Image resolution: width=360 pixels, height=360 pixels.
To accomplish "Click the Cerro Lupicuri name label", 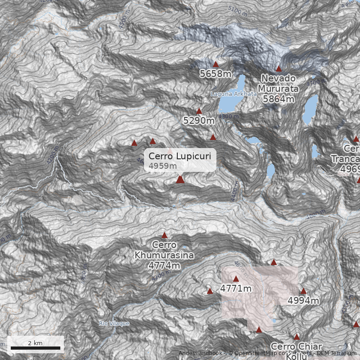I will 179,156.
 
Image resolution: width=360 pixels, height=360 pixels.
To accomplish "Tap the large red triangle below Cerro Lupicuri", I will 180,180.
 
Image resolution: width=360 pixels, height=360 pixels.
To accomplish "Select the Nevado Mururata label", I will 279,83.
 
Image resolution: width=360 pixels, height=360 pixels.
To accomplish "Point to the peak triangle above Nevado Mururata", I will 279,69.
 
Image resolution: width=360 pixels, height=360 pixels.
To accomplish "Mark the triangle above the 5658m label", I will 216,64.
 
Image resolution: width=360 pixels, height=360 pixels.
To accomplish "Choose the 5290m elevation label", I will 199,120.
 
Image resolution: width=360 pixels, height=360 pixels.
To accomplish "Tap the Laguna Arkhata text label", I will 234,94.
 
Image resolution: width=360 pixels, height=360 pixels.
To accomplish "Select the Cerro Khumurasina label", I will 164,250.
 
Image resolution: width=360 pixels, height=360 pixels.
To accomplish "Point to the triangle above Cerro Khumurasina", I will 164,235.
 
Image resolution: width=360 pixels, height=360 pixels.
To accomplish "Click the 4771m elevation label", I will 236,288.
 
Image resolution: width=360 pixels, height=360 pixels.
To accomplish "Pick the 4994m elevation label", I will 303,300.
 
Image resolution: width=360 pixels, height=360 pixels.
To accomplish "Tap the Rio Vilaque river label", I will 114,324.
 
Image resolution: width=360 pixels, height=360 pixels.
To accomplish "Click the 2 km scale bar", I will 36,348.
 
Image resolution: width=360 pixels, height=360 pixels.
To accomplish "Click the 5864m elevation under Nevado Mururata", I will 279,99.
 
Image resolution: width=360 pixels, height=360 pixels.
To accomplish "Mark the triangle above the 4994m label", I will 303,291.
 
